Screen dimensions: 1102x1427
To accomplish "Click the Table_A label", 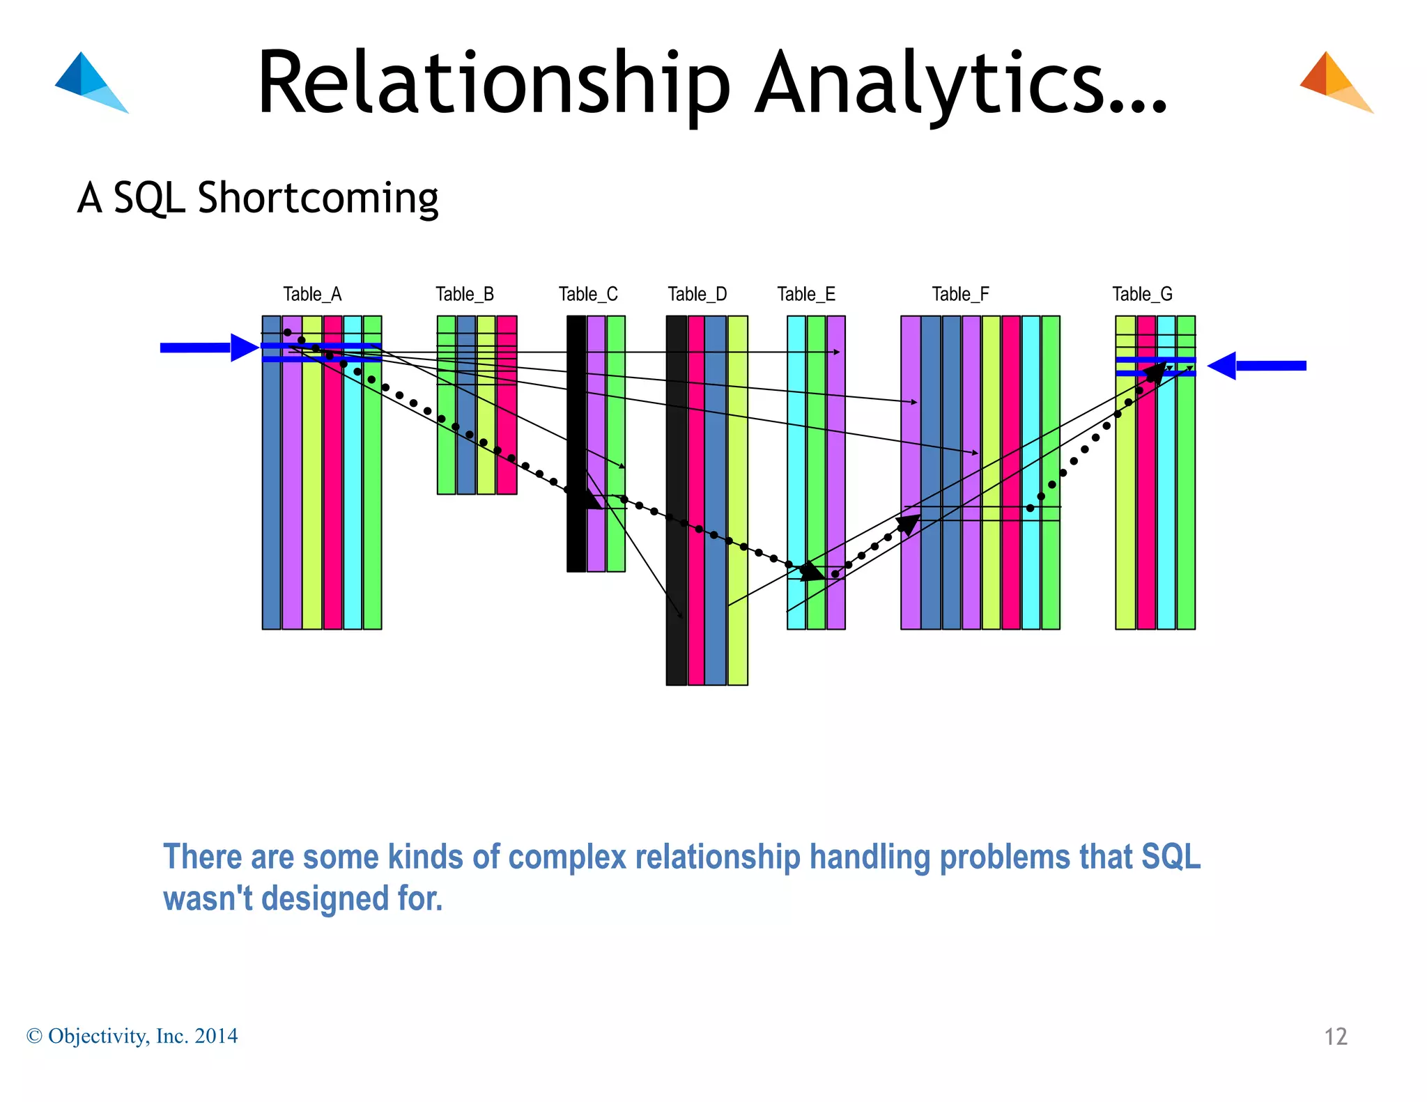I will click(312, 295).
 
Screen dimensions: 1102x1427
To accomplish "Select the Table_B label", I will click(465, 295).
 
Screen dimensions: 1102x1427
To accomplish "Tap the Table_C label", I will click(588, 295).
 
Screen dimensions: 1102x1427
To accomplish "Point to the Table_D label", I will click(697, 295).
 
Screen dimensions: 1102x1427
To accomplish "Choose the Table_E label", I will click(806, 295).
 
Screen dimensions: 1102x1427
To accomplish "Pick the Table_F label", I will click(960, 295).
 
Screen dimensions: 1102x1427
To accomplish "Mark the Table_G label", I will click(1142, 295).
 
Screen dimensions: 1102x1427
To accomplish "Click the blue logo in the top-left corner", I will click(91, 82).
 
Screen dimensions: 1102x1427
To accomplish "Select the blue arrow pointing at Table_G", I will click(1257, 366).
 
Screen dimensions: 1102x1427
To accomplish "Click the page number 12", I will click(1335, 1037).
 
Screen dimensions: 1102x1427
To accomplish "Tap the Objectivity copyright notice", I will click(132, 1036).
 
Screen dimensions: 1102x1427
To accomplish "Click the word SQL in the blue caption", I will click(1171, 857).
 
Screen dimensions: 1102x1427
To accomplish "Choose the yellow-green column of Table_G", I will click(1125, 502).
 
